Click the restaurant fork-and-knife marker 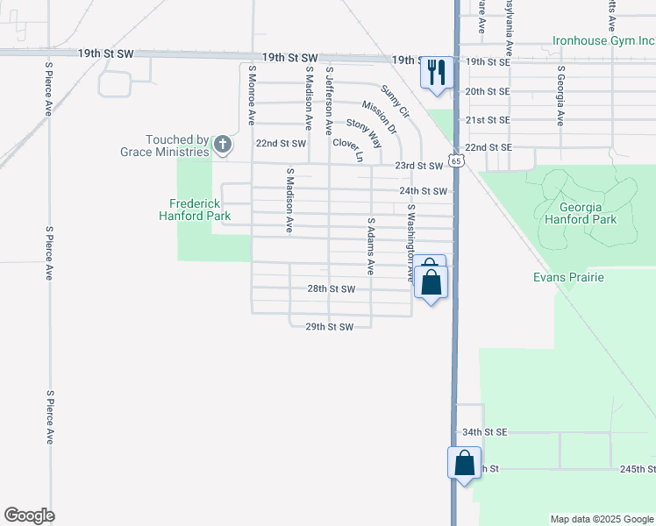click(436, 72)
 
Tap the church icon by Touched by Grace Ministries click(223, 144)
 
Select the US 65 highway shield click(454, 160)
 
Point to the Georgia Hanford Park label click(581, 214)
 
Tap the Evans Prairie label click(568, 277)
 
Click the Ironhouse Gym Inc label click(603, 40)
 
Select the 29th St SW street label click(329, 327)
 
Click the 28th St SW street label click(331, 288)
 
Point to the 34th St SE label click(484, 432)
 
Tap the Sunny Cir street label click(396, 101)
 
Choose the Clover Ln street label click(347, 149)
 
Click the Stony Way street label click(363, 131)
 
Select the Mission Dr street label click(379, 117)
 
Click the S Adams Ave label click(371, 246)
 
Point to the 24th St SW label click(424, 191)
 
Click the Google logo click(29, 515)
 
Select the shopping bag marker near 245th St click(465, 462)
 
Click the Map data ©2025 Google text click(601, 519)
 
